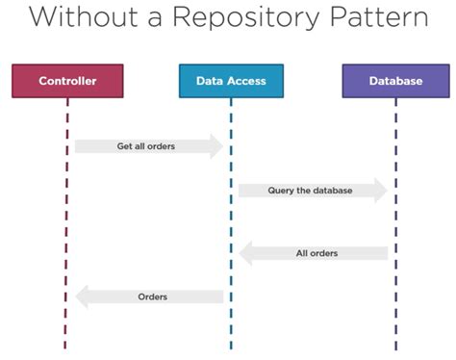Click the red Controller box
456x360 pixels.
pyautogui.click(x=67, y=81)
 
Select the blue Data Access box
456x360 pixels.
pyautogui.click(x=231, y=81)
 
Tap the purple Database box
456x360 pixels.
pyautogui.click(x=395, y=81)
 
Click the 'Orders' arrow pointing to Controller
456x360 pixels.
pyautogui.click(x=149, y=297)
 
